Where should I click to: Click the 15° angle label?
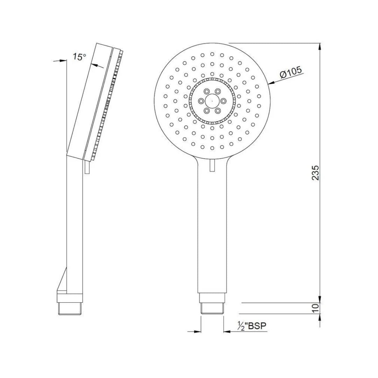(79, 57)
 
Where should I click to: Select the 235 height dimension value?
(315, 173)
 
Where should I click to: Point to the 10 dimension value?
(315, 308)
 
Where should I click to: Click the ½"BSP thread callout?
(252, 326)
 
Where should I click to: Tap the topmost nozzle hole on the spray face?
(212, 54)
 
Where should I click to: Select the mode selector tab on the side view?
(87, 167)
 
